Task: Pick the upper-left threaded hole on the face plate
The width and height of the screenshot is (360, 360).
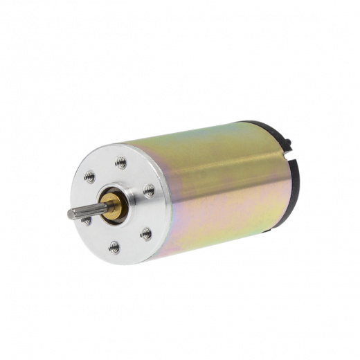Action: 89,177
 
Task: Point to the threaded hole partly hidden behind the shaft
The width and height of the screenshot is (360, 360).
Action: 87,220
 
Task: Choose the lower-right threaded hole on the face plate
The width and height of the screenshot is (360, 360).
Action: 145,233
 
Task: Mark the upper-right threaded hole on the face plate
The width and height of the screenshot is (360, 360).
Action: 149,189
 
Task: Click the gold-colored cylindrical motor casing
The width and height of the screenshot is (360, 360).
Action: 222,180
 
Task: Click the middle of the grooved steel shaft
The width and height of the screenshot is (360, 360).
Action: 87,212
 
